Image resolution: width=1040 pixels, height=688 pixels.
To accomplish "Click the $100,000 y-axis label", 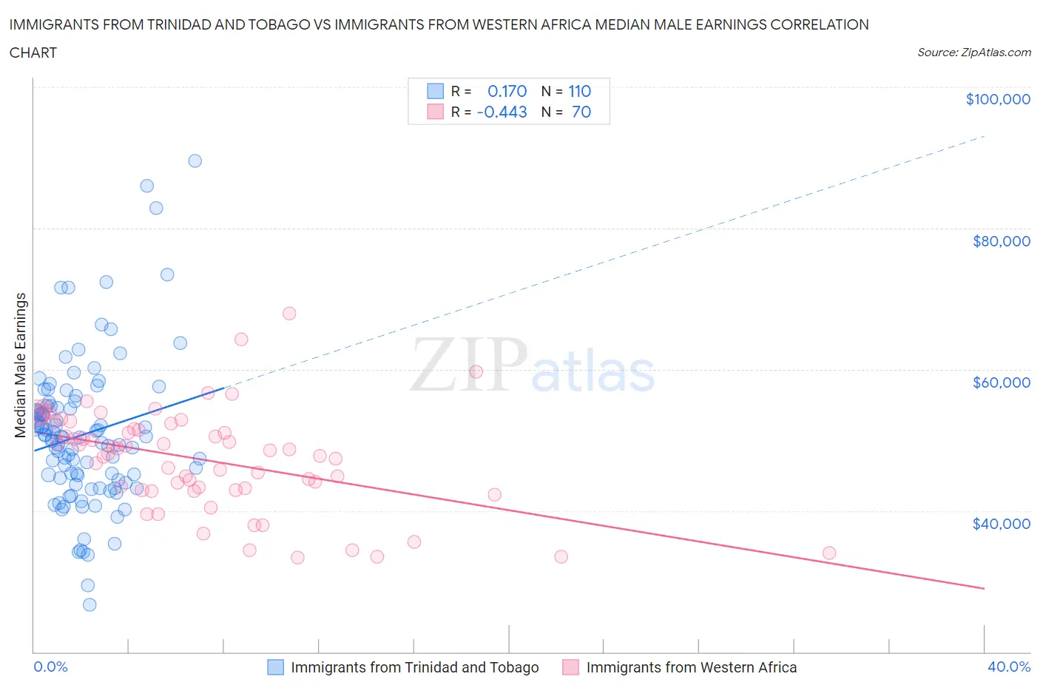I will coord(997,99).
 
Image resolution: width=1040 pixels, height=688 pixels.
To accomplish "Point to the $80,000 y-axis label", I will coord(1001,241).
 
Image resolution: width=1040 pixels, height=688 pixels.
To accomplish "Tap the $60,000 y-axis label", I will coord(1001,382).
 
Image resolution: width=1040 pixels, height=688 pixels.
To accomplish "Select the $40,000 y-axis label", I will coord(1001,524).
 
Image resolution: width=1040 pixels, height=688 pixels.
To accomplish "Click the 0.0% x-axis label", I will coord(50,667).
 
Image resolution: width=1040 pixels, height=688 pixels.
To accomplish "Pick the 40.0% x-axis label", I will coord(1008,667).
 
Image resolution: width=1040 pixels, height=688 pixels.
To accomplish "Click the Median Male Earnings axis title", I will coord(21,365).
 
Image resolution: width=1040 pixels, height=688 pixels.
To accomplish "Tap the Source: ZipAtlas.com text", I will coord(973,53).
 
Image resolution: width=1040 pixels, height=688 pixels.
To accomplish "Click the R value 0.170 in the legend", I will coord(507,91).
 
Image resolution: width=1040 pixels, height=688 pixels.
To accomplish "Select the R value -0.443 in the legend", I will coord(502,112).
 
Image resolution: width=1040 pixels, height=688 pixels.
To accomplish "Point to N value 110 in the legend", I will coord(579,91).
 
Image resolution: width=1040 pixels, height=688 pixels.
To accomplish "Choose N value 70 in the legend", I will coord(581,112).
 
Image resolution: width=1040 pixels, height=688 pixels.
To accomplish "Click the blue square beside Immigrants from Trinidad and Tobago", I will coord(275,667).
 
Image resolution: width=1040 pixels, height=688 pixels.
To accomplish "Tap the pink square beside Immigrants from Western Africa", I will coord(570,667).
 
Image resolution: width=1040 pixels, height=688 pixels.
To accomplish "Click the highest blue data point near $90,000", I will coord(195,161).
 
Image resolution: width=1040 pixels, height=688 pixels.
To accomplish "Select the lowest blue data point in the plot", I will coord(90,604).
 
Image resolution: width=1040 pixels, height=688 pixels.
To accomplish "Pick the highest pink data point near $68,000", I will coord(289,313).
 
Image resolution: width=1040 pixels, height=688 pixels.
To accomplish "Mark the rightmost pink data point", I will coord(829,553).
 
